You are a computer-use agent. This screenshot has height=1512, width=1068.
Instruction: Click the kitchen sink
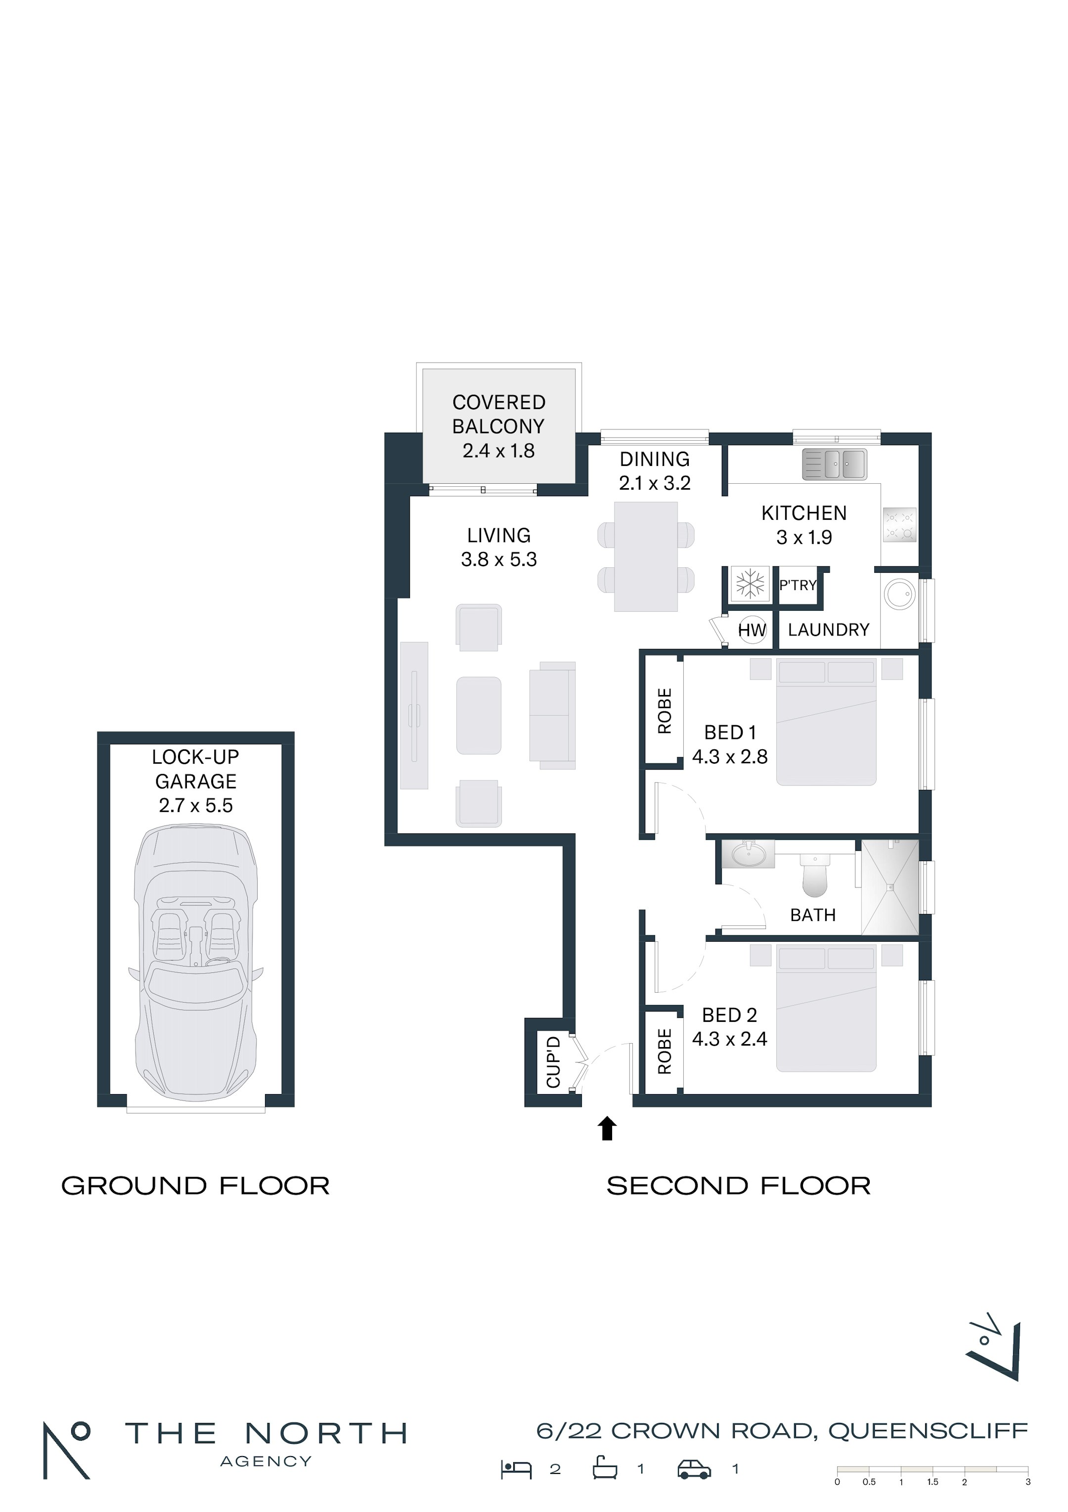834,465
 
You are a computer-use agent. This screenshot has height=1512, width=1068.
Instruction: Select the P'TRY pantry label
798,585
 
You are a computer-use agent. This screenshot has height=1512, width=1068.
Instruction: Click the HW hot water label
752,630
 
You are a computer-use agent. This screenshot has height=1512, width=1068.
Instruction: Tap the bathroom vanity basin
749,855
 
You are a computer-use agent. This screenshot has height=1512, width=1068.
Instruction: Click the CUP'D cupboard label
553,1062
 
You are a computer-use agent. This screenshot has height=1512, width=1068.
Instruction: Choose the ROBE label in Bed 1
665,711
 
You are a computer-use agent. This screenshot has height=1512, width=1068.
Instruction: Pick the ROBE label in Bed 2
665,1051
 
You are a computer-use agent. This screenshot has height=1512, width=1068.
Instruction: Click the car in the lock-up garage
196,964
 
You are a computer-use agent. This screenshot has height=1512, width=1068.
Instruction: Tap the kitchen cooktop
899,525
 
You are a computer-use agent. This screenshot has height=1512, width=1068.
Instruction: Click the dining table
646,556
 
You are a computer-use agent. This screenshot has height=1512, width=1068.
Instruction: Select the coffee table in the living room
479,715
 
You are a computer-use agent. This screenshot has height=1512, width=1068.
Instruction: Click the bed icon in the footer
516,1469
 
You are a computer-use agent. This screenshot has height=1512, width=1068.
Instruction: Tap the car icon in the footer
695,1469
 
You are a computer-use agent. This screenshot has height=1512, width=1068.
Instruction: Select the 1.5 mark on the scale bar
933,1482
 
